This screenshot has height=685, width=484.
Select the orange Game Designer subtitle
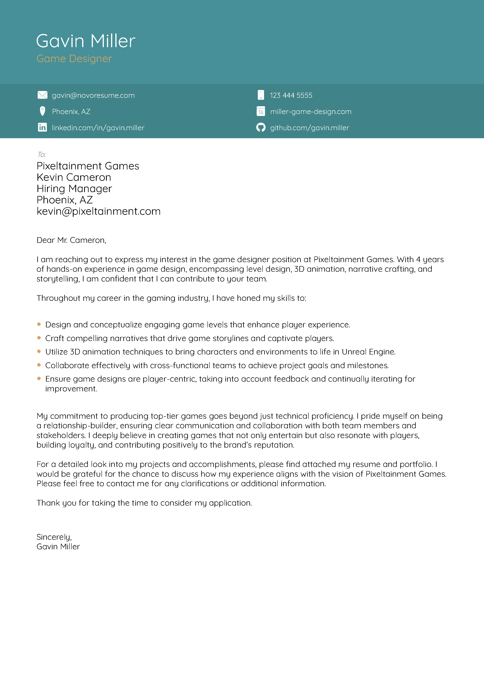pyautogui.click(x=74, y=59)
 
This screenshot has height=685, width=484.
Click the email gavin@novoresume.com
pyautogui.click(x=93, y=95)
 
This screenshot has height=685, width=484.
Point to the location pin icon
pyautogui.click(x=42, y=111)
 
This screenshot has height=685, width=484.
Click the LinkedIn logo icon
pyautogui.click(x=42, y=127)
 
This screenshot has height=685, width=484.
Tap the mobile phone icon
pyautogui.click(x=261, y=95)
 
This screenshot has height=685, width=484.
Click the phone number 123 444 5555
pyautogui.click(x=291, y=95)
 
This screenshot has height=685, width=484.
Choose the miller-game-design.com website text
pyautogui.click(x=311, y=112)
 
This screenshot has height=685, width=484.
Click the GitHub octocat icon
pyautogui.click(x=261, y=127)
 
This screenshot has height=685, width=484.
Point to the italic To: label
pyautogui.click(x=41, y=155)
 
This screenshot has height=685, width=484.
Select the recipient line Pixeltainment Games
pyautogui.click(x=88, y=166)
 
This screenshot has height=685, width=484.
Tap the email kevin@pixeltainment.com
pyautogui.click(x=98, y=211)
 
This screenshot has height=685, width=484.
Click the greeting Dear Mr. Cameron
pyautogui.click(x=71, y=240)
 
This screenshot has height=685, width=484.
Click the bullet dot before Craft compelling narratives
pyautogui.click(x=39, y=338)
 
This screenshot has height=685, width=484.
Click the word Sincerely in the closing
pyautogui.click(x=54, y=537)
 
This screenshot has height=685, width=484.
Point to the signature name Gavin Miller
pyautogui.click(x=58, y=547)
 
